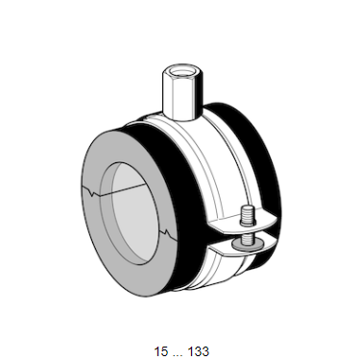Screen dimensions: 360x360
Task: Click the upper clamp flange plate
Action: point(243,225)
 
